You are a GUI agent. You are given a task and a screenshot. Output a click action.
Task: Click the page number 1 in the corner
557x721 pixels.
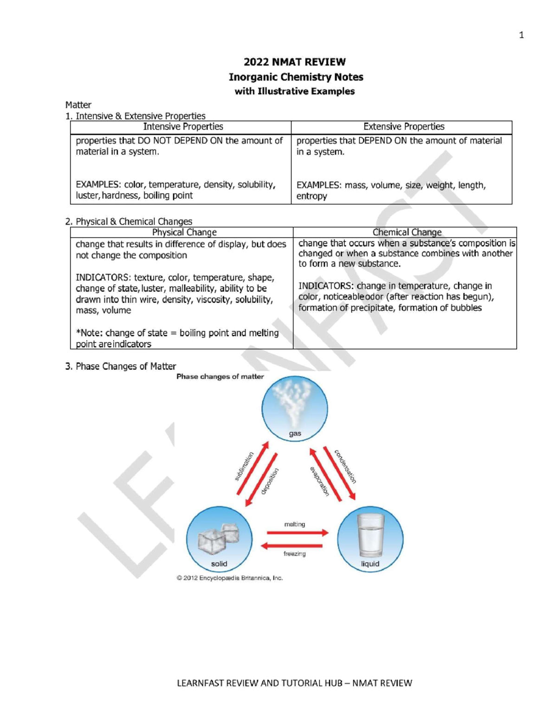pyautogui.click(x=521, y=35)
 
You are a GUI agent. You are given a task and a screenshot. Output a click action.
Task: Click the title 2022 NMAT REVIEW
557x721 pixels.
pyautogui.click(x=294, y=62)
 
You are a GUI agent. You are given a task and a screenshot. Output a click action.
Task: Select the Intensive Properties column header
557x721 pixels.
pyautogui.click(x=183, y=127)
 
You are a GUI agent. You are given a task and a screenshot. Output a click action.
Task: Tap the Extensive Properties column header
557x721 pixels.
pyautogui.click(x=403, y=127)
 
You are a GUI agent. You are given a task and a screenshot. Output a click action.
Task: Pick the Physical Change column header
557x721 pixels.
pyautogui.click(x=184, y=232)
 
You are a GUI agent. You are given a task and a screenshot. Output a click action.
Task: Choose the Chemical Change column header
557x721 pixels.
pyautogui.click(x=407, y=232)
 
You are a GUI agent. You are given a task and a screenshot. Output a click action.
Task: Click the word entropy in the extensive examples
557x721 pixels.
pyautogui.click(x=311, y=196)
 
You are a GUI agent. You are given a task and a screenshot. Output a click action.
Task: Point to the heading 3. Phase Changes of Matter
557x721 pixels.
pyautogui.click(x=121, y=366)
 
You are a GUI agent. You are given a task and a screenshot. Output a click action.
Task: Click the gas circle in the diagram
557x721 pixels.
pyautogui.click(x=294, y=409)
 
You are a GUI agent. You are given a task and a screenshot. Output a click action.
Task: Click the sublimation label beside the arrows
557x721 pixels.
pyautogui.click(x=244, y=466)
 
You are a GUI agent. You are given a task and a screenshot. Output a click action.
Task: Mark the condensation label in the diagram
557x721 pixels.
pyautogui.click(x=345, y=467)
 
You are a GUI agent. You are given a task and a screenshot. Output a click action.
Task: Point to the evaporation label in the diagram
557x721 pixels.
pyautogui.click(x=319, y=481)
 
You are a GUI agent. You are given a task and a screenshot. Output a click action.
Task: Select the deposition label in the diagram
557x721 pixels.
pyautogui.click(x=270, y=481)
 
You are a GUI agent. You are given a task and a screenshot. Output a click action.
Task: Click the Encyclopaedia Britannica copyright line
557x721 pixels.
pyautogui.click(x=229, y=578)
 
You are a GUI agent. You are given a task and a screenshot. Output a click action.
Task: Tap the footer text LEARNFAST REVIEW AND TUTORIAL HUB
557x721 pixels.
pyautogui.click(x=260, y=683)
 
